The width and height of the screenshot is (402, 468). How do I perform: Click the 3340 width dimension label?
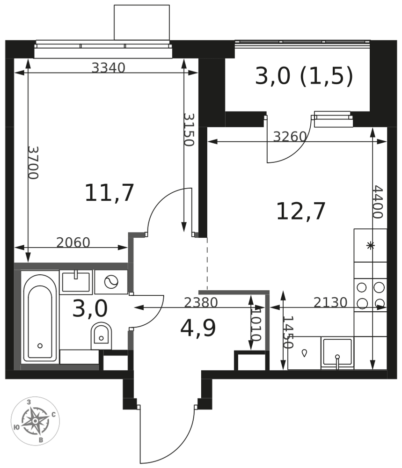[x=108, y=68]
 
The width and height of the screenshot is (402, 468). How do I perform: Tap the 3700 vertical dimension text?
[x=33, y=163]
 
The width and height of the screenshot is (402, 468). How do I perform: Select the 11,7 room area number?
[x=109, y=193]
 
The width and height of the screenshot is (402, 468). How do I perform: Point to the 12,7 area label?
[x=300, y=212]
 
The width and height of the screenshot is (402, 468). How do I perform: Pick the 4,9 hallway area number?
[x=198, y=328]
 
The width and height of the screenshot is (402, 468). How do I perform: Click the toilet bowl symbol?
[x=101, y=336]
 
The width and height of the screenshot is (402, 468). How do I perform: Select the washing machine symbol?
[x=111, y=282]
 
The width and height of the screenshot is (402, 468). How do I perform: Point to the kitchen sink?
[x=337, y=353]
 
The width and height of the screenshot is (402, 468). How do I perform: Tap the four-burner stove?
[x=370, y=295]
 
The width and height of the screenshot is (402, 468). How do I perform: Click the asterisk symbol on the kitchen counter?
[x=370, y=246]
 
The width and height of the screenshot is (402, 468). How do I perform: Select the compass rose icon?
[x=35, y=421]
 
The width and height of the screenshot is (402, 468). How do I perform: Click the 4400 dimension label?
[x=378, y=202]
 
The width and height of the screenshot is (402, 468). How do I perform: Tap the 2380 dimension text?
[x=201, y=302]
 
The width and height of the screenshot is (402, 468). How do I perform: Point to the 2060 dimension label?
[x=73, y=242]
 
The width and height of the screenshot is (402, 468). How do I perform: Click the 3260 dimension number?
[x=290, y=136]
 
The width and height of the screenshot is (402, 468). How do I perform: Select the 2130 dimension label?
[x=330, y=302]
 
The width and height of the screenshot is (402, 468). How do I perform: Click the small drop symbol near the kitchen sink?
[x=304, y=353]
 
